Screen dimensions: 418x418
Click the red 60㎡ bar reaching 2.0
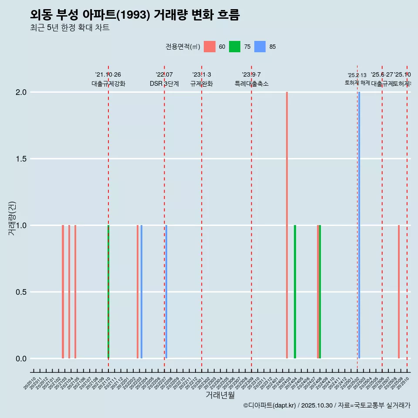287,225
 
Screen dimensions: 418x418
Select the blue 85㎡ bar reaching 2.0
359,225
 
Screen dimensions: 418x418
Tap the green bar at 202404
295,292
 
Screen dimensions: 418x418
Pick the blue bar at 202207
166,292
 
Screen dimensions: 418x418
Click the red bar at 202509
398,292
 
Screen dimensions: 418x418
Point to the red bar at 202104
69,292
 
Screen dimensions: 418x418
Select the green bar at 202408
320,292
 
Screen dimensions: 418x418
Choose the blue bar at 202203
142,292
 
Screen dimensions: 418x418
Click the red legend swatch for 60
210,47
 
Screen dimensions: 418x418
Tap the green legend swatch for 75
235,47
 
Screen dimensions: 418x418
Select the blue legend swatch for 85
260,47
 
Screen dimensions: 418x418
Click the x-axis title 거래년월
220,395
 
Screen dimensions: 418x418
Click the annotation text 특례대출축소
251,84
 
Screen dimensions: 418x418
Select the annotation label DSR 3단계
164,84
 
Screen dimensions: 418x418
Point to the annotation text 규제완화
202,84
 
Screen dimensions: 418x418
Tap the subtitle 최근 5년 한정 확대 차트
70,28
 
